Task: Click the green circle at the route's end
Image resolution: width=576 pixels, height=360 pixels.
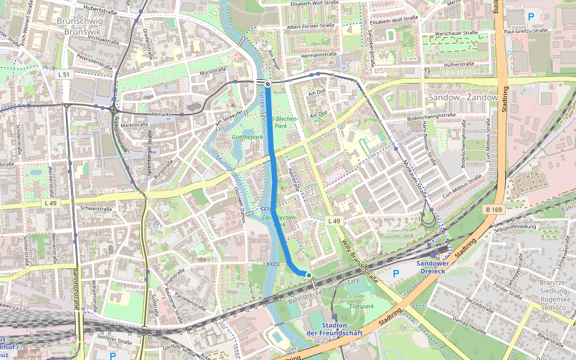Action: click(309, 275)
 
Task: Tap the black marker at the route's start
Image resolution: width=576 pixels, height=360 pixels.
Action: click(268, 85)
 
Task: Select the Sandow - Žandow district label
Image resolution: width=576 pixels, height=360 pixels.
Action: click(463, 97)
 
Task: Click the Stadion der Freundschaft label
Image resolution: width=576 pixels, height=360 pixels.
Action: click(335, 329)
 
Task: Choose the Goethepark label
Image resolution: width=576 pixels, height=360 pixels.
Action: click(247, 137)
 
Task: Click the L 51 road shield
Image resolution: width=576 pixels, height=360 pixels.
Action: click(65, 74)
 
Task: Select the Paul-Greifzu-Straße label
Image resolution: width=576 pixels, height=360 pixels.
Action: click(526, 30)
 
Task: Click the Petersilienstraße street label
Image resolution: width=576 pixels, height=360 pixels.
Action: click(94, 60)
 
